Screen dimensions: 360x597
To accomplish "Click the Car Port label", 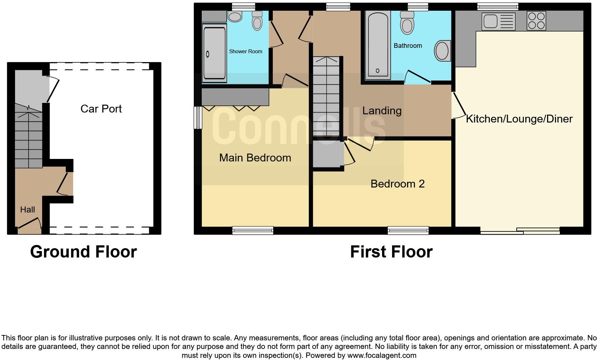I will pos(101,109).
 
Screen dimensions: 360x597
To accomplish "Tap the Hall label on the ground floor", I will pos(27,210).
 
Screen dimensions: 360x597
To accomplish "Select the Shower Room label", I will pos(245,51).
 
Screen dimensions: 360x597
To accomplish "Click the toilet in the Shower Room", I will pos(257,21).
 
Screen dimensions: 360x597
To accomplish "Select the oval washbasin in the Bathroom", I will pos(442,50).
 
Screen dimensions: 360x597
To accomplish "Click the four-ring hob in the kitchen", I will pos(536,21).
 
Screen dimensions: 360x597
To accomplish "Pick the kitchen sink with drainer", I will pos(498,21).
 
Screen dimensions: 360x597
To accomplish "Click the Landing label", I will pos(382,111).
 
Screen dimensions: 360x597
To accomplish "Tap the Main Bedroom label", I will pos(255,157).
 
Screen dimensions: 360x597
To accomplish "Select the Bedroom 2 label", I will pos(397,184).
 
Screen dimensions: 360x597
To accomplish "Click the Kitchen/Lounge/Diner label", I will pos(519,119).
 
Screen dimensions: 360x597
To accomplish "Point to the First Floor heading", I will pos(391,252).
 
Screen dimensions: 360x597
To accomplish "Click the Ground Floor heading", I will pos(84,252).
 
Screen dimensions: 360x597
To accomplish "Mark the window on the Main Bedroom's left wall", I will pos(197,117).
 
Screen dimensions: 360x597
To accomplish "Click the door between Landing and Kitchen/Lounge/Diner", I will pos(459,106).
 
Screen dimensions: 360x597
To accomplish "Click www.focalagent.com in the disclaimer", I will pos(382,355).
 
